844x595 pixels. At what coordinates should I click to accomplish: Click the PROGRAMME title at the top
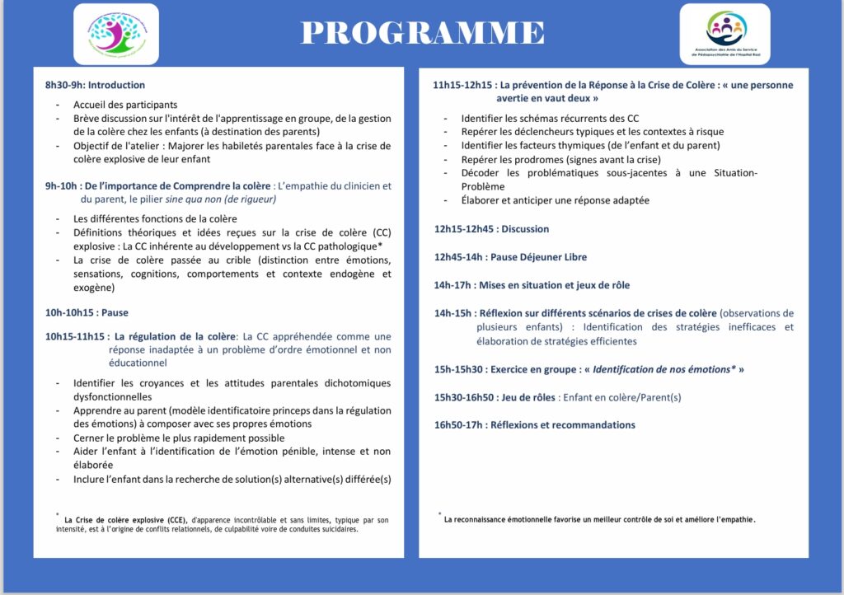[x=422, y=32]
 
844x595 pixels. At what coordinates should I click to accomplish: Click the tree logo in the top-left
[x=115, y=34]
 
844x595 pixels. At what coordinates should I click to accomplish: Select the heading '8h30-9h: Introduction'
[x=95, y=85]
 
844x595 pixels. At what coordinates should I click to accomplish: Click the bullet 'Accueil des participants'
[x=125, y=105]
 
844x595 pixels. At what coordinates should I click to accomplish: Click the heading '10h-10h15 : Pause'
[x=87, y=312]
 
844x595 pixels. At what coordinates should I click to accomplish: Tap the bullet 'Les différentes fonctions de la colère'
[x=155, y=218]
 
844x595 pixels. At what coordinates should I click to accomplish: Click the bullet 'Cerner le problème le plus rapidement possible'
[x=179, y=438]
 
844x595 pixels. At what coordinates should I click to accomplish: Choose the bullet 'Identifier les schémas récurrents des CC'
[x=550, y=119]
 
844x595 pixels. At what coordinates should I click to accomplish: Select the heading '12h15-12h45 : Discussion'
[x=491, y=228]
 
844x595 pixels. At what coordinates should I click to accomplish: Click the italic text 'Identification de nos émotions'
[x=664, y=369]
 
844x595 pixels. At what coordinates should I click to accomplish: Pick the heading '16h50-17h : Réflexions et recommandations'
[x=534, y=424]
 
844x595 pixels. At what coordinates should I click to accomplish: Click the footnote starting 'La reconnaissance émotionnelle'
[x=599, y=519]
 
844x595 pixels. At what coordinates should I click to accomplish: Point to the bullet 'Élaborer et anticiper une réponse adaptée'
[x=555, y=200]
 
